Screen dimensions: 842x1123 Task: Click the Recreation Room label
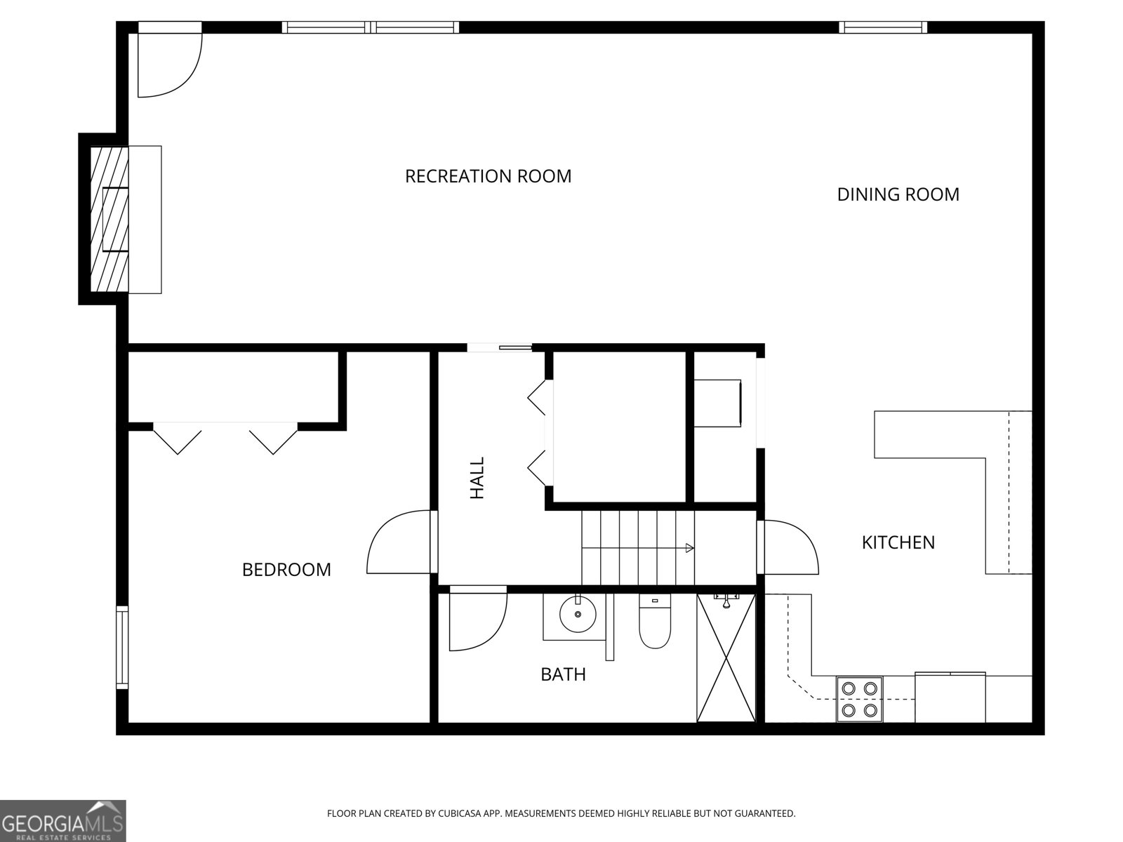click(488, 175)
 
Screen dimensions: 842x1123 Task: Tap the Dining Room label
click(898, 194)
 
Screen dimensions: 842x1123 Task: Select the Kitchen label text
click(898, 542)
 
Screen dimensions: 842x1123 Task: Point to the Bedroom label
click(286, 569)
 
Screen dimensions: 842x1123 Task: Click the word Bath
click(563, 674)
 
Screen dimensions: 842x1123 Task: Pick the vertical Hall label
click(477, 478)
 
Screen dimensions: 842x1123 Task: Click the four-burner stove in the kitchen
click(859, 699)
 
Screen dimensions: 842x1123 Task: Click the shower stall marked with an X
click(726, 658)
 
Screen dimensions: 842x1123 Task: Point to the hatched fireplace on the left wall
click(109, 219)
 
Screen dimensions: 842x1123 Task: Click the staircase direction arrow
click(689, 548)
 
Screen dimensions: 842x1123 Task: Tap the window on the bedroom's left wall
click(122, 648)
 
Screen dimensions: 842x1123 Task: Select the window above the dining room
click(882, 27)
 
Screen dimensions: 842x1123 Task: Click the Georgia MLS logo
click(62, 820)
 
